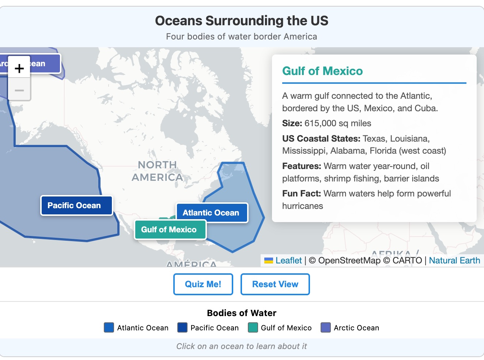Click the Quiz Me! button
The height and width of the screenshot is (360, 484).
[203, 284]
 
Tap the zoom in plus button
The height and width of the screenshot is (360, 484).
[19, 68]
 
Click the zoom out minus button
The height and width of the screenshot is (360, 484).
[19, 90]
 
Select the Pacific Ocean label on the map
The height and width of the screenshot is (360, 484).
[76, 206]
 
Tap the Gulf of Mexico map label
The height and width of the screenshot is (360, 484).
[170, 230]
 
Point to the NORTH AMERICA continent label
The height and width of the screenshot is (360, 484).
[157, 171]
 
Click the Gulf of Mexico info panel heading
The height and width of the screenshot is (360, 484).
[322, 71]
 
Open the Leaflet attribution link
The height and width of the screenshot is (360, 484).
[288, 260]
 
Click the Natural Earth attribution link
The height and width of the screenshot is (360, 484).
[454, 260]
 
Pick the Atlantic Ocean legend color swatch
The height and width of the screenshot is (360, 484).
[109, 327]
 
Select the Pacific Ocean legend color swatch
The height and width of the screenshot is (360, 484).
[182, 327]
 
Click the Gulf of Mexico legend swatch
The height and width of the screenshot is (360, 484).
[253, 327]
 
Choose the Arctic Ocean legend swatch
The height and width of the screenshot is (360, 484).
[325, 327]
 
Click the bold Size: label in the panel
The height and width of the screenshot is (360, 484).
[292, 123]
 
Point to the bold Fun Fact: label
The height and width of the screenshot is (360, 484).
[301, 194]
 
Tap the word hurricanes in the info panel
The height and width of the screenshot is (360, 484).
[302, 206]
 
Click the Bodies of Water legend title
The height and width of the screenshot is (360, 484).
[242, 313]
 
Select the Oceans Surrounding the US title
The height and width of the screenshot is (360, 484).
[242, 21]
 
